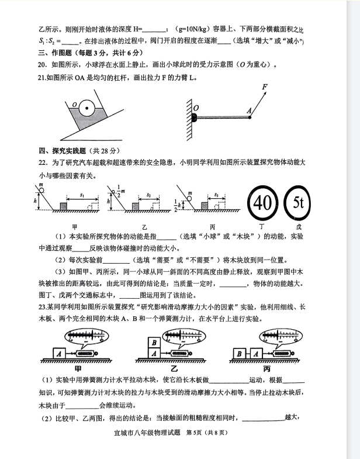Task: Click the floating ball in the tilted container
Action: point(86,107)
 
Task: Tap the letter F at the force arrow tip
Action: point(265,87)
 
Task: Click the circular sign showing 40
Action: point(263,203)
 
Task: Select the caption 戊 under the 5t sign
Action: point(300,226)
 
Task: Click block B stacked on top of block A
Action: point(154,343)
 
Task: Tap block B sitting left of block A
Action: point(239,354)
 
